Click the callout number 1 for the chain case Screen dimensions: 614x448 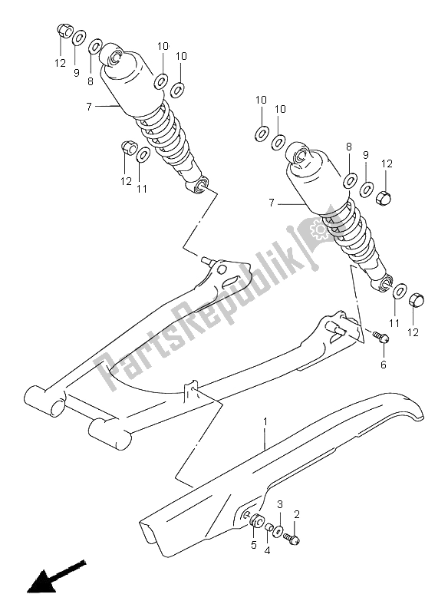pos(265,421)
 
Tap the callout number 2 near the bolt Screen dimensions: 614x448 pos(298,514)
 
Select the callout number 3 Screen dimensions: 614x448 pos(281,504)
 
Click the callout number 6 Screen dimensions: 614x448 pos(383,365)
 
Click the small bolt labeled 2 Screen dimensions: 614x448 pos(291,540)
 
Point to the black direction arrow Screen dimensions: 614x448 pos(54,577)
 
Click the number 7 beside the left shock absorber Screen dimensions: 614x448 pos(90,107)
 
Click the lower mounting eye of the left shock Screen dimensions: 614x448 pos(202,185)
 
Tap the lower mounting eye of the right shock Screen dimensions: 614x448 pos(381,282)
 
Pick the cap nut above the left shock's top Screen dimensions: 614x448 pos(64,31)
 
